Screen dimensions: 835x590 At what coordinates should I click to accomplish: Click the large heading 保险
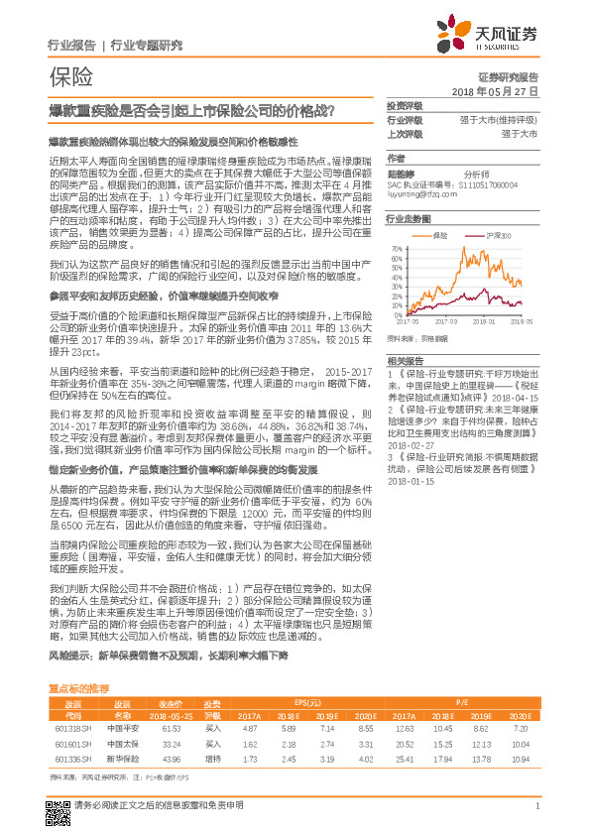click(70, 76)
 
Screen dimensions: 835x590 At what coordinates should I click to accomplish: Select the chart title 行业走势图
click(409, 217)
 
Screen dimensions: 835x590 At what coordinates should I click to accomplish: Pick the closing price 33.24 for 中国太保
click(169, 715)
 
